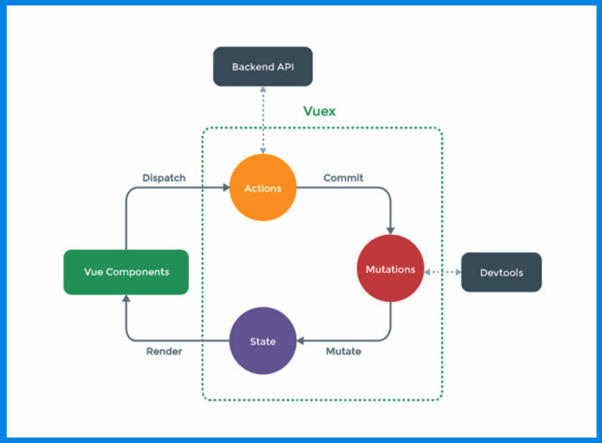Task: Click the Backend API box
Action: (x=263, y=67)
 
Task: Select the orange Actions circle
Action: (x=263, y=188)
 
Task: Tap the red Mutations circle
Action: (x=390, y=269)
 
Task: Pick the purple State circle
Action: (x=263, y=341)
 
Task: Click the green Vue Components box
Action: (x=125, y=272)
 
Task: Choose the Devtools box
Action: (x=501, y=272)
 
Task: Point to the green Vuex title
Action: (x=319, y=111)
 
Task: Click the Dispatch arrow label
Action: (x=164, y=178)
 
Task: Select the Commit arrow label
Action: (x=343, y=178)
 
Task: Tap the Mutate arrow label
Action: (x=343, y=351)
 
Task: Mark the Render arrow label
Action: (x=164, y=351)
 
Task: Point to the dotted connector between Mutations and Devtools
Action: (x=442, y=272)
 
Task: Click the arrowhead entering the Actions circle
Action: (x=225, y=188)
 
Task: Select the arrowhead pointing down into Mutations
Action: (x=390, y=230)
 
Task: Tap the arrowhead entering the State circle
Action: (x=301, y=341)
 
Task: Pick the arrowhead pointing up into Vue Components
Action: (x=125, y=299)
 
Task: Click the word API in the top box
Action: (x=285, y=67)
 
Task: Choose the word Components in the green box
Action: (x=138, y=272)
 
